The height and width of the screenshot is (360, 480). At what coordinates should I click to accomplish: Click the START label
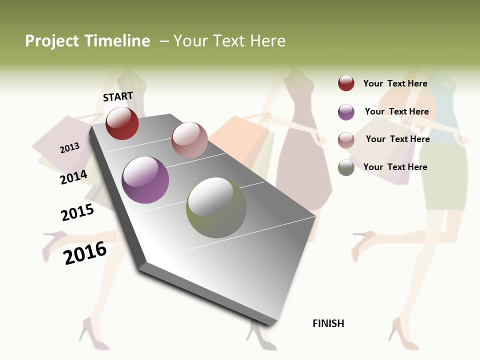(x=118, y=96)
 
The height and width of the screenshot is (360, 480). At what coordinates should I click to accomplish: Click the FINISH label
(x=328, y=323)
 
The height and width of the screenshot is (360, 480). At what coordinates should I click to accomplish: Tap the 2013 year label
(x=69, y=148)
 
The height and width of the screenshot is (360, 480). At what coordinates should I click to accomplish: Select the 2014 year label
(x=74, y=177)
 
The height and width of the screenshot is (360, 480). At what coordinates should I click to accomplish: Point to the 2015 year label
(x=77, y=213)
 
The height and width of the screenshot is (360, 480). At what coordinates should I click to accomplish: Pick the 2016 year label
(x=85, y=253)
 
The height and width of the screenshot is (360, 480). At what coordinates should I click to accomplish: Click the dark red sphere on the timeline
(x=122, y=123)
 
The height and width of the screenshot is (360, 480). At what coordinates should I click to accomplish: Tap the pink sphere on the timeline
(x=189, y=140)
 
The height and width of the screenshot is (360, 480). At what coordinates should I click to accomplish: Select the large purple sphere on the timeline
(x=145, y=180)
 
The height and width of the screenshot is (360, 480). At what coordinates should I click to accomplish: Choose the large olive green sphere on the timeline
(x=216, y=207)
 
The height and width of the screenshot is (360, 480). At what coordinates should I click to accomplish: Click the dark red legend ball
(x=346, y=83)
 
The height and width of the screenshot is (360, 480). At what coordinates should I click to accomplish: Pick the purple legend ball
(x=346, y=112)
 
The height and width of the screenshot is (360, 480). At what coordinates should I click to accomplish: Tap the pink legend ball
(x=346, y=140)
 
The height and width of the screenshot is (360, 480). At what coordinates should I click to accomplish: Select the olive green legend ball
(x=346, y=167)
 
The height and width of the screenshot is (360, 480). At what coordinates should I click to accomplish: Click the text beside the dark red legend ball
(x=395, y=83)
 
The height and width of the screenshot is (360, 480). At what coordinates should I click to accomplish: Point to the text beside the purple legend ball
(x=396, y=111)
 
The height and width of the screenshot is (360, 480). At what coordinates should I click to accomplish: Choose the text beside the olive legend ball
(x=395, y=167)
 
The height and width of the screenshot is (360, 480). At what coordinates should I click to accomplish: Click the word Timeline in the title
(x=117, y=41)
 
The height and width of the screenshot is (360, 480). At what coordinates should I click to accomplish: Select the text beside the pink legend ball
(x=397, y=139)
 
